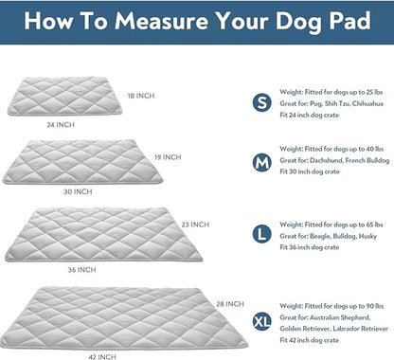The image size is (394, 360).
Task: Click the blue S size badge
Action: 260,102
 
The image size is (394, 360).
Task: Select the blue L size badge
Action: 260,230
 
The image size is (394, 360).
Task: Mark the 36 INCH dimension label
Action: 81,270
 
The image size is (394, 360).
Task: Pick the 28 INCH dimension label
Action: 229,303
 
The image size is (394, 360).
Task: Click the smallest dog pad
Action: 73,97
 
